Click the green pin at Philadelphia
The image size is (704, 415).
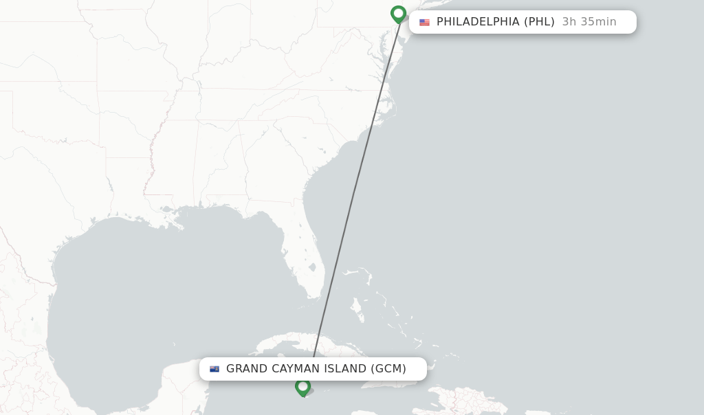(398, 14)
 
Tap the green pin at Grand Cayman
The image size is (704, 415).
(302, 388)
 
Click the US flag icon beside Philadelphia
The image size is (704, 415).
(424, 22)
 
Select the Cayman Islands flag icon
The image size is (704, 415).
(214, 369)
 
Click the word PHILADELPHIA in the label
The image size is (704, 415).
(478, 22)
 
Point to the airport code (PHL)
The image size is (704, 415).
(539, 22)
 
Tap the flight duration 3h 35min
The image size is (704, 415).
(589, 22)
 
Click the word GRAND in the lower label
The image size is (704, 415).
(247, 369)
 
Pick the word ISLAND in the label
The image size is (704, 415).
(346, 369)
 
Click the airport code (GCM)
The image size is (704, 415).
(388, 369)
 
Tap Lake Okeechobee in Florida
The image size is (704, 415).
(312, 267)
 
